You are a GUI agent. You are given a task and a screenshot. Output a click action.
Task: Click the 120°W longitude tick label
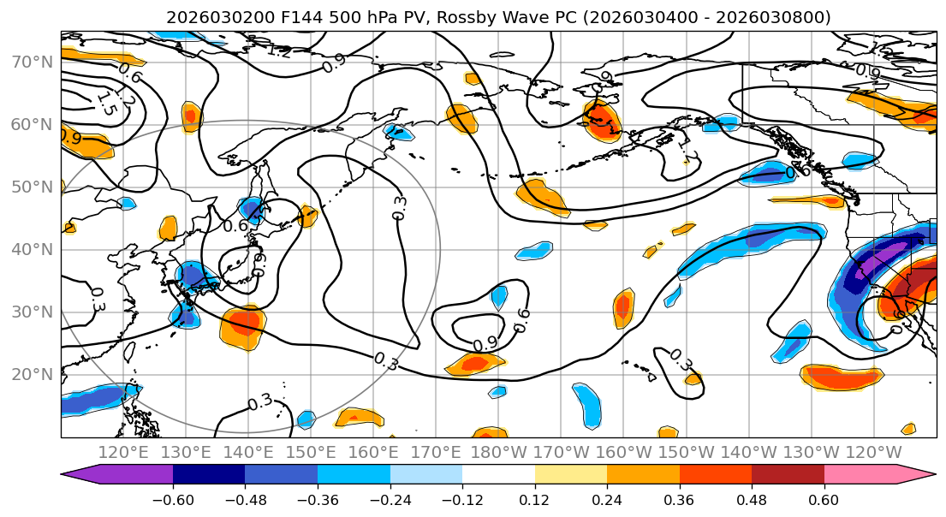click(873, 452)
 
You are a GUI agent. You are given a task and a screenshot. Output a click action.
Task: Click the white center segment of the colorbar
click(498, 474)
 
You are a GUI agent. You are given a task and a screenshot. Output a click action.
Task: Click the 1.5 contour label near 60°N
click(105, 104)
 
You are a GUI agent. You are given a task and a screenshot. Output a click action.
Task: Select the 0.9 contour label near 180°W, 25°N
click(485, 342)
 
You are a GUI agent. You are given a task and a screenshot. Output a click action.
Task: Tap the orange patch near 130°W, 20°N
click(841, 376)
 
